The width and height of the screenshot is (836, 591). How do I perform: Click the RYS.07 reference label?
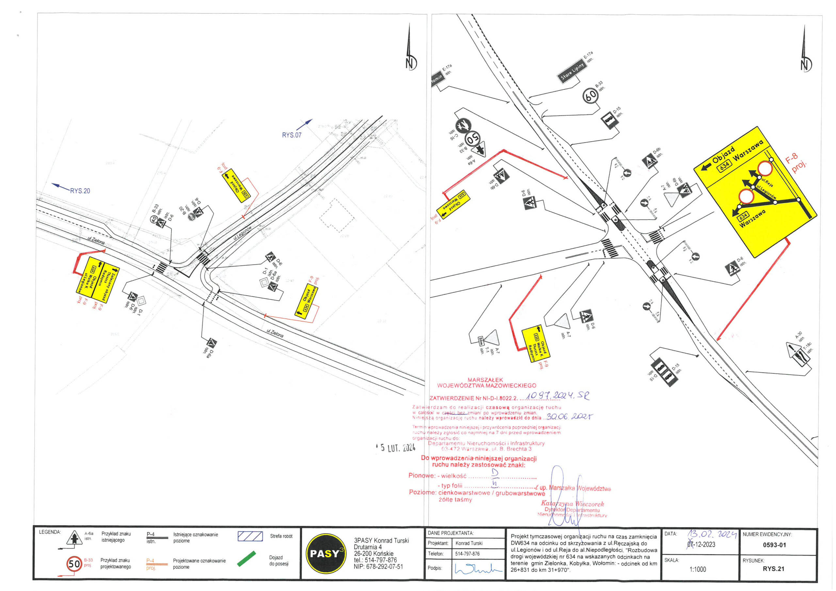292,135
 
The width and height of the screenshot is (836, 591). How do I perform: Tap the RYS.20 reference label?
80,191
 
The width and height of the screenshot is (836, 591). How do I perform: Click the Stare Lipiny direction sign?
572,70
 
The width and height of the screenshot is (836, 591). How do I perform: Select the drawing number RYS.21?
773,569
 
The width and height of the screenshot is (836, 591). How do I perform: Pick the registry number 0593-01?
775,545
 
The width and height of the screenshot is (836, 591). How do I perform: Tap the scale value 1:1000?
697,569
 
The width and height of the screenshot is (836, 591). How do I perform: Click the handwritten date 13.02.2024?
712,535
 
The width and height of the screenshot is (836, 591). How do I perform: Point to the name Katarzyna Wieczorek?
572,504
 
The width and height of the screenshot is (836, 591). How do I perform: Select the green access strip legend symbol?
247,559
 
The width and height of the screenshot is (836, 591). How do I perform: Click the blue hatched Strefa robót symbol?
250,536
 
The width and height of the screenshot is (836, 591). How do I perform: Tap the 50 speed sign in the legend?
74,564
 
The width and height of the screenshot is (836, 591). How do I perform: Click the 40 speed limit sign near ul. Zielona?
153,219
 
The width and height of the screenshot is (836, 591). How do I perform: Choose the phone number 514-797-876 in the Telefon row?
467,554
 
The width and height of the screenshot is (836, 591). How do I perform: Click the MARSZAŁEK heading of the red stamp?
485,380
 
